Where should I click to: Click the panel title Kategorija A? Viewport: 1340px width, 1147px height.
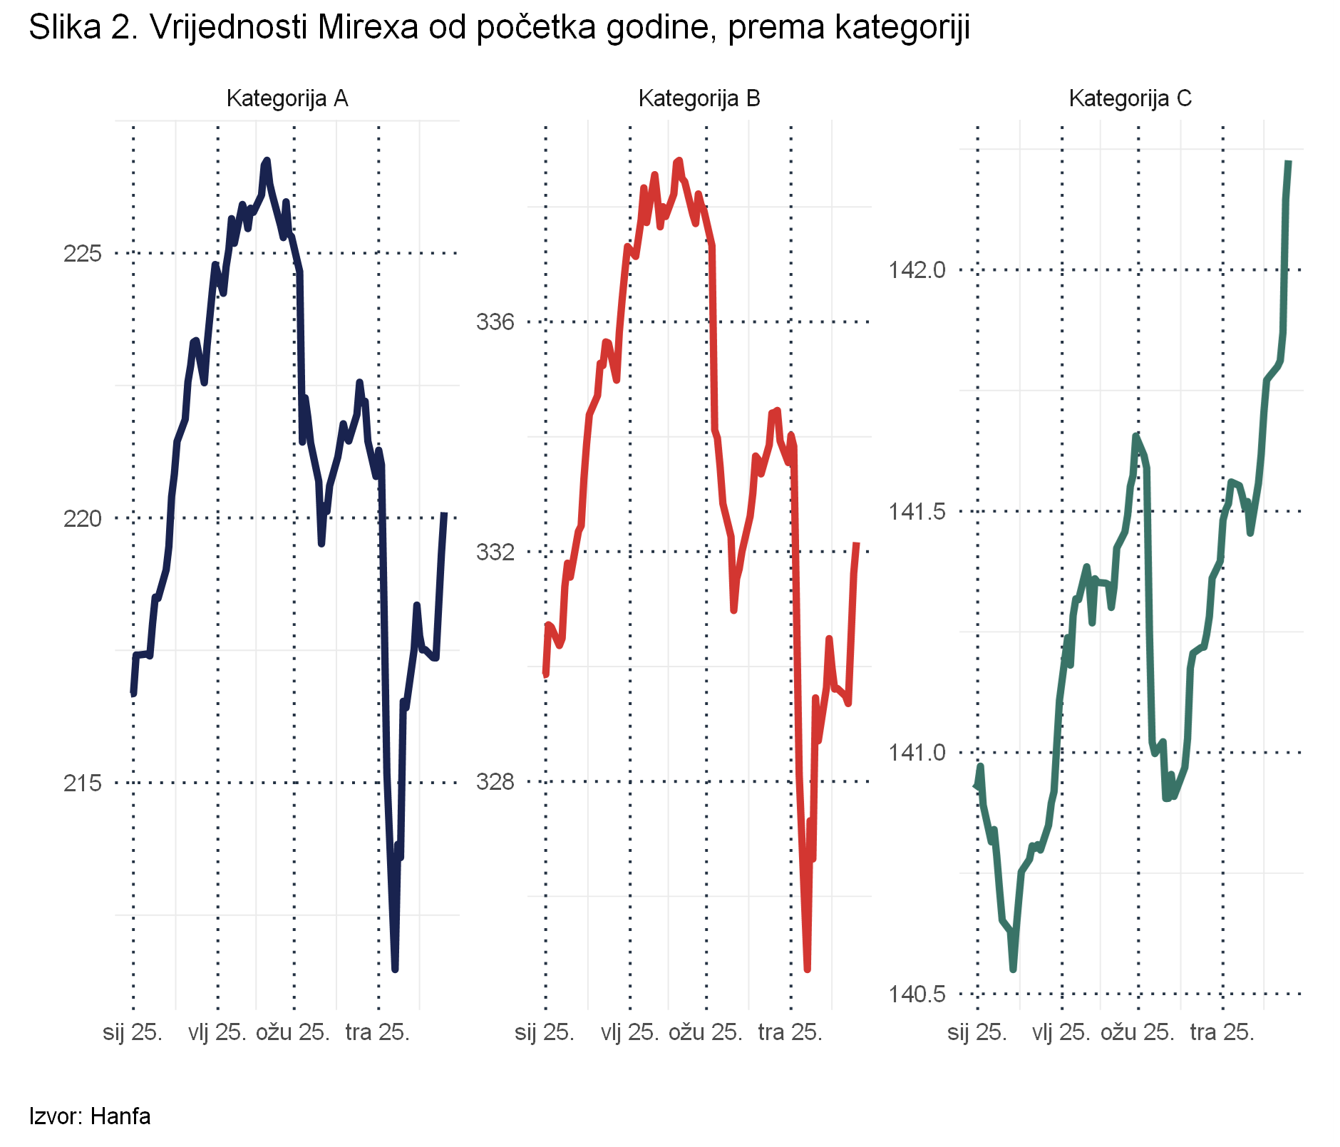point(287,98)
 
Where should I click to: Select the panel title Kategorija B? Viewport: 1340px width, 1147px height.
point(699,98)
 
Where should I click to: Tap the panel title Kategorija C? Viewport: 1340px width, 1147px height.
point(1130,98)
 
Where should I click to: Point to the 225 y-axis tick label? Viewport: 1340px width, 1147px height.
point(83,254)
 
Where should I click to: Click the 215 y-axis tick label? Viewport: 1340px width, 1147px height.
point(83,783)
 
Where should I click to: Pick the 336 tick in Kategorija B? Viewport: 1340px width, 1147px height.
point(495,322)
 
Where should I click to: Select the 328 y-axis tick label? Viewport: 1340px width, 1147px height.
point(495,782)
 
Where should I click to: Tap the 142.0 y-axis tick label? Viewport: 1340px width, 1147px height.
point(916,270)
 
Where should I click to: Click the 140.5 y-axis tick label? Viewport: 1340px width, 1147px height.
point(916,994)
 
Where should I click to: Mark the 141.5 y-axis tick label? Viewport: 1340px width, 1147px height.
point(916,512)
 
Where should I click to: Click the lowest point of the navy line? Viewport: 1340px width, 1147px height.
point(395,968)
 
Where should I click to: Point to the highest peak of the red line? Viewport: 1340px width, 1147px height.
point(679,161)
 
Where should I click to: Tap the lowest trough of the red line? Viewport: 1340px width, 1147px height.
point(807,968)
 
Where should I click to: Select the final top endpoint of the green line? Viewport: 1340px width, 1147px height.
point(1289,163)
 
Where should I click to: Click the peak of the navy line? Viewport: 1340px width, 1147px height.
point(267,160)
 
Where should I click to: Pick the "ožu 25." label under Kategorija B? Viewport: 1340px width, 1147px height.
point(705,1032)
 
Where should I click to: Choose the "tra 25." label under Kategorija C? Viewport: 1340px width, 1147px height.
point(1222,1032)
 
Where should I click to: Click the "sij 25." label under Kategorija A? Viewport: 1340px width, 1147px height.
point(133,1032)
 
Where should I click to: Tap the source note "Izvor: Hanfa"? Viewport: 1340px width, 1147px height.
point(90,1116)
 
